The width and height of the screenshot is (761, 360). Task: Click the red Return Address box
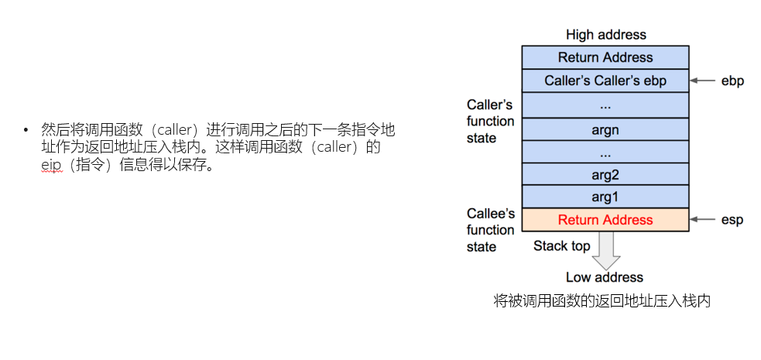[x=605, y=220]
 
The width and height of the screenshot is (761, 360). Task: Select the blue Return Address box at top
[x=605, y=57]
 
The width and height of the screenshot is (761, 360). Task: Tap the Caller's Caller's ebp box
[x=605, y=81]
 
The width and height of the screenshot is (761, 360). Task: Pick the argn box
[x=605, y=128]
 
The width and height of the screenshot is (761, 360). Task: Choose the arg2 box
[x=605, y=174]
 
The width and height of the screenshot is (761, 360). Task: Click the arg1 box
[x=605, y=197]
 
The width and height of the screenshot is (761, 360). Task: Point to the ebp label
[x=732, y=81]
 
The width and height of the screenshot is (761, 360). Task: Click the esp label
[x=732, y=220]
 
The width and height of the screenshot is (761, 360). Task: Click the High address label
[x=605, y=35]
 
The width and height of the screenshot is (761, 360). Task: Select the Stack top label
[x=561, y=246]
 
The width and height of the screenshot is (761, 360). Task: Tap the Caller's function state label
[x=490, y=121]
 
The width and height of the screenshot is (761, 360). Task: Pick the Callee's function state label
[x=490, y=230]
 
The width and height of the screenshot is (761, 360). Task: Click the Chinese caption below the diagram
[x=602, y=301]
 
